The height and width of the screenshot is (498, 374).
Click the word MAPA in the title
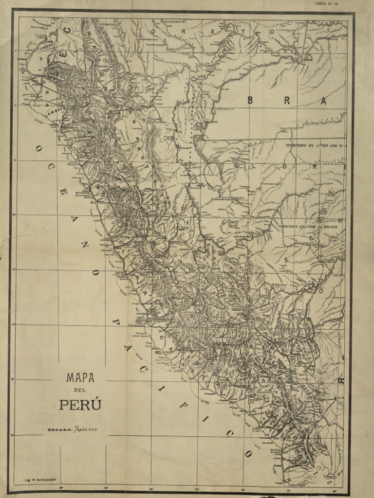coord(80,377)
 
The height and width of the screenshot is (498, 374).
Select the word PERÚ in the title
coord(80,405)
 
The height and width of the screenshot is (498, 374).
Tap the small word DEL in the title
coord(80,391)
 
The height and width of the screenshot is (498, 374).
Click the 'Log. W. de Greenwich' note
coord(41,480)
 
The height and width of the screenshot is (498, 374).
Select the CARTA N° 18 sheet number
coord(326,3)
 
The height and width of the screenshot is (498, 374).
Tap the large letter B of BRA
coord(250,101)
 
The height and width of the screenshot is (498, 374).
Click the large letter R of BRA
coord(287,101)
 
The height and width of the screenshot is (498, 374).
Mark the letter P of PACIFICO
coord(115,322)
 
